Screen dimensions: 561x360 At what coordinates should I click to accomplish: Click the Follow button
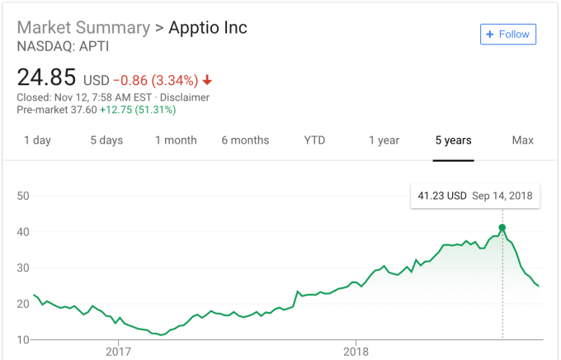coord(507,35)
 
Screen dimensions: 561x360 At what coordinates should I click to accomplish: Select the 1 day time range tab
coord(37,140)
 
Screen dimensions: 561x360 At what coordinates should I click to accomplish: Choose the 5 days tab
coord(106,140)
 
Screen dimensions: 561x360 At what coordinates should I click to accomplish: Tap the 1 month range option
coord(176,140)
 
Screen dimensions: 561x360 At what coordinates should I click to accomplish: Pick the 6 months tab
coord(245,140)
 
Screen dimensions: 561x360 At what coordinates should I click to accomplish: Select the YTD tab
coord(314,140)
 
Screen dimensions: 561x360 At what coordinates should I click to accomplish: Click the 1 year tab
coord(384,140)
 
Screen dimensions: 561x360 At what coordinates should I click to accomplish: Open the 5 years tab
coord(453,140)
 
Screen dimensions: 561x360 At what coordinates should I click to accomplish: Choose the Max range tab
coord(523,140)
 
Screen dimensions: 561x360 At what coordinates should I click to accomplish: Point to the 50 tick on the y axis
coord(23,196)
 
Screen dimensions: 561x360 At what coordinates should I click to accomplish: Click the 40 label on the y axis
coord(23,232)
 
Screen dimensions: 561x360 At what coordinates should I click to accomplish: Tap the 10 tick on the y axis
coord(23,339)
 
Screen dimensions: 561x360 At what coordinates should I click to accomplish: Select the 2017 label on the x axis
coord(118,352)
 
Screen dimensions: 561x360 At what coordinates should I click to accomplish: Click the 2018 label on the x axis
coord(356,352)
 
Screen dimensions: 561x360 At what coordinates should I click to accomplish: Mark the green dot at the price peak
coord(502,227)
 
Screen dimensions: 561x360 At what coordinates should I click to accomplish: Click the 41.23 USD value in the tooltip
coord(442,196)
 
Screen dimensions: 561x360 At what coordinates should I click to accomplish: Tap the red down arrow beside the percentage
coord(207,80)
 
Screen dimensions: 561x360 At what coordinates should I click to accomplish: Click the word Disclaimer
coord(185,97)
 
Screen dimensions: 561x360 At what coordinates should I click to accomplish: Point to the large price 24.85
coord(46,78)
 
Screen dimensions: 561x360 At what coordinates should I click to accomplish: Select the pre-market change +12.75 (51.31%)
coord(138,110)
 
